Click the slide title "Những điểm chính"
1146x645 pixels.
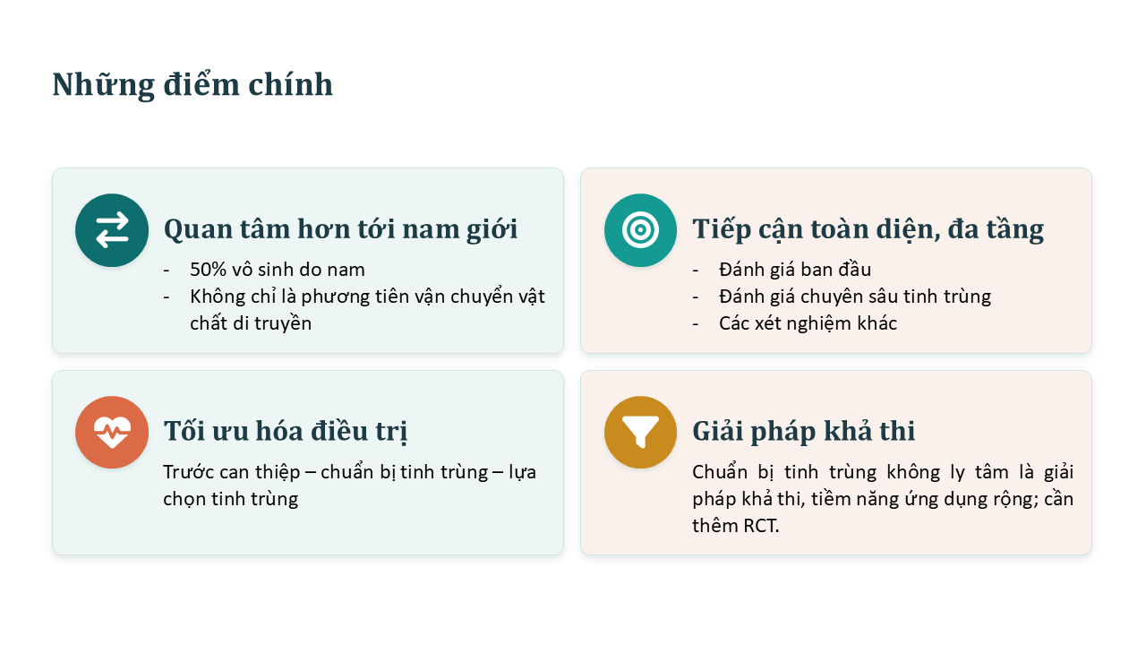coord(192,85)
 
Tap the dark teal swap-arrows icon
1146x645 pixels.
coord(112,230)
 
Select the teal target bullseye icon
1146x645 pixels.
coord(640,230)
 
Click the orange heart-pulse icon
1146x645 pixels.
coord(112,432)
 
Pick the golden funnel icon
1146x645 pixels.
coord(640,432)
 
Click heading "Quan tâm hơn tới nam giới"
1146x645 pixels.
coord(341,229)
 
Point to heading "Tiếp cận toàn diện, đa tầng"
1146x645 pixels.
coord(868,229)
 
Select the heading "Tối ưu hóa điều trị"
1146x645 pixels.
coord(286,431)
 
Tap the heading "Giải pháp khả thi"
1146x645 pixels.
coord(803,431)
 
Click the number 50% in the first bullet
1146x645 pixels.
coord(208,270)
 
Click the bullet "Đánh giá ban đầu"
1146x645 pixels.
coord(795,270)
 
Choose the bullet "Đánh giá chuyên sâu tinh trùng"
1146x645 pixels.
coord(855,297)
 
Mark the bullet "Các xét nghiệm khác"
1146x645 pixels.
coord(808,323)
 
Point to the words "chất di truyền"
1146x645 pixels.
coord(251,323)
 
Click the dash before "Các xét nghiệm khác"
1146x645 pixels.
coord(696,324)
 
